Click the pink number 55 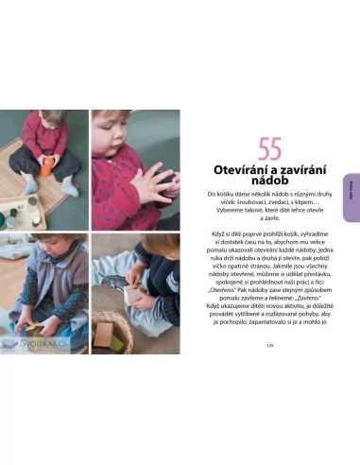[271, 148]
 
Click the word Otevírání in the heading [241, 170]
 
